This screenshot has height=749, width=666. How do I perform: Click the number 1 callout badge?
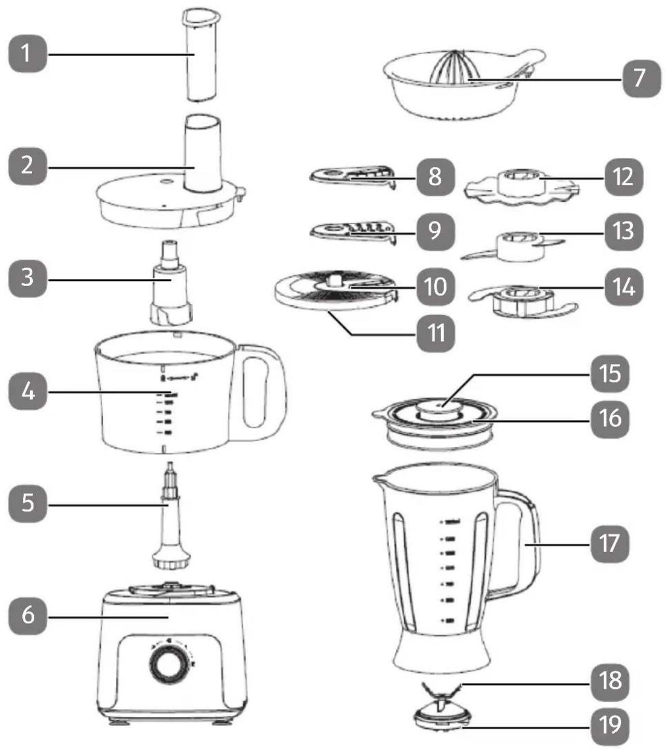click(28, 53)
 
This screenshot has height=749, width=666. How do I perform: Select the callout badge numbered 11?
click(435, 333)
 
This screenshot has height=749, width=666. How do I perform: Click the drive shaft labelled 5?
click(170, 525)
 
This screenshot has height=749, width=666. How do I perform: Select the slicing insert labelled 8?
click(353, 176)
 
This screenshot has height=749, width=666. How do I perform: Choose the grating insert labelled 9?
click(353, 230)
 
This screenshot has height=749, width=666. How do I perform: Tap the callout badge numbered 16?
click(609, 418)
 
